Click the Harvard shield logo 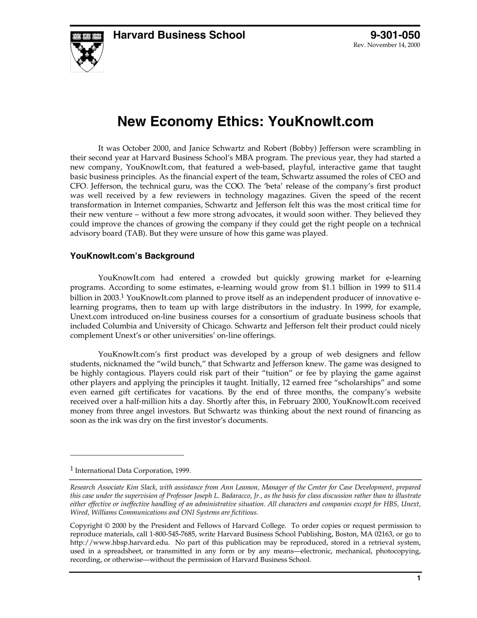[87, 51]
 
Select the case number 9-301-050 [395, 35]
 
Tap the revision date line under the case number [387, 45]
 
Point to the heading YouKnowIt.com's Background [132, 256]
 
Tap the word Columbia [120, 326]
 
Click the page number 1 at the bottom [418, 578]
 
